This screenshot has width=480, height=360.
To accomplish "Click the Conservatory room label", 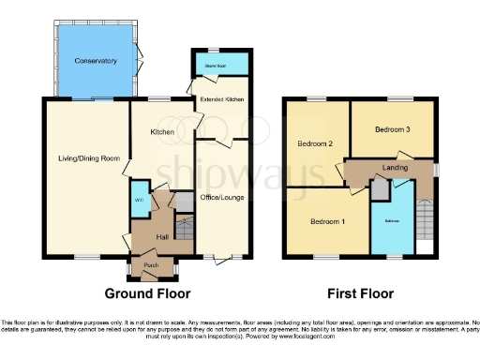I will tap(97, 61).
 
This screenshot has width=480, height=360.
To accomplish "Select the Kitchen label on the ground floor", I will tap(163, 132).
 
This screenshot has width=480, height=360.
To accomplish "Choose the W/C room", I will tap(141, 198).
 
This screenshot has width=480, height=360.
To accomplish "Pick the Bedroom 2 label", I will tap(315, 143).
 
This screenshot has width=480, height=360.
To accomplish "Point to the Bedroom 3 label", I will tap(392, 129).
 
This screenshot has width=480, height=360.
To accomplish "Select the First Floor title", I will tap(360, 291).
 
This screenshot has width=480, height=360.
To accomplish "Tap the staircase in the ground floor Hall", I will tap(184, 230).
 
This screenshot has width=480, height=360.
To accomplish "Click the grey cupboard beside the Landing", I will tap(380, 189).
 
